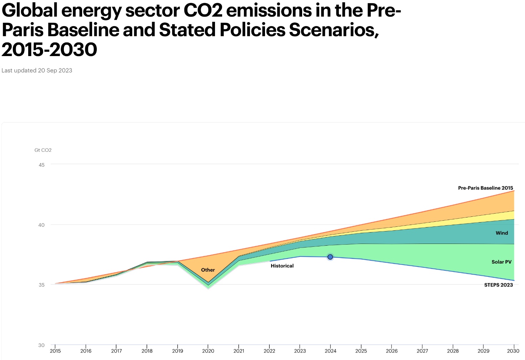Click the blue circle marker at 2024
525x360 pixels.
[330, 257]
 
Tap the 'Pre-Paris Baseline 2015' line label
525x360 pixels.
[485, 188]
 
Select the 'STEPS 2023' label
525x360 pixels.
[498, 285]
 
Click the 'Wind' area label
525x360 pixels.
[501, 233]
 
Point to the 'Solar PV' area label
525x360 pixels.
[501, 262]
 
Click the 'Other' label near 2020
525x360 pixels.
[208, 270]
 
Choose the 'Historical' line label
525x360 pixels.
[282, 266]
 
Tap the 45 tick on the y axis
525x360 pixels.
[42, 165]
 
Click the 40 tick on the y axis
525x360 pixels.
[42, 225]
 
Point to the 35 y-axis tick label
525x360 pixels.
[42, 285]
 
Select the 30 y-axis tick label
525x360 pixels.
[42, 345]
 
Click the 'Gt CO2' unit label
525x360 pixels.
[43, 150]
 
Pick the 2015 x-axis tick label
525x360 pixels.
[55, 351]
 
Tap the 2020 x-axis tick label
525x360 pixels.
[208, 351]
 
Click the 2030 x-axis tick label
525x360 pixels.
[513, 351]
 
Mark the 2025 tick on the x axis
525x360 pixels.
[361, 351]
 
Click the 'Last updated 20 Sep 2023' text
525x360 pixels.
[37, 70]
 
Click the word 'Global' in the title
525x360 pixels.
[29, 11]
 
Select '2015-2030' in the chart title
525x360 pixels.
[49, 49]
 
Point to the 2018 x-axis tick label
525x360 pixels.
[147, 351]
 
